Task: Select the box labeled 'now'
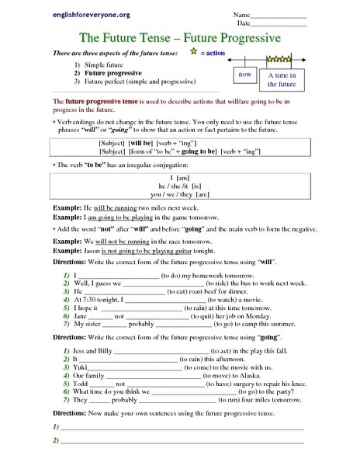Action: [x=245, y=75]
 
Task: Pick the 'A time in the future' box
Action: [x=282, y=79]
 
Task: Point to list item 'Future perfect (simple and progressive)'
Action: [x=140, y=81]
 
